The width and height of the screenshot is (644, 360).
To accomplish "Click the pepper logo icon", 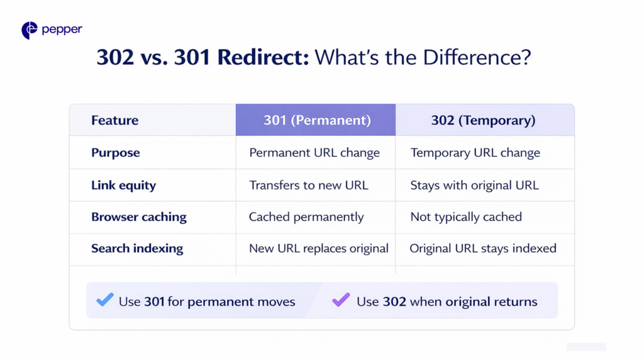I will click(29, 30).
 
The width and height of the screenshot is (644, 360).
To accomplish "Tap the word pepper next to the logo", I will click(62, 30).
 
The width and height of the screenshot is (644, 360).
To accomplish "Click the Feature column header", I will click(114, 120).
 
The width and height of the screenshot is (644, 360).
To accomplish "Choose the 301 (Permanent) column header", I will click(316, 120).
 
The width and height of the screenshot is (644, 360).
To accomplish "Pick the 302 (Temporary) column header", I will click(483, 120).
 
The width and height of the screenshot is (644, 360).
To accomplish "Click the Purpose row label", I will click(115, 153).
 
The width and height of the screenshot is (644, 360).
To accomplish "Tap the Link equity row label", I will click(123, 186).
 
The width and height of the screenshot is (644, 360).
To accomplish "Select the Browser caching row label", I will click(138, 217).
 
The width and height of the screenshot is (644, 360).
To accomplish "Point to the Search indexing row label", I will click(137, 249).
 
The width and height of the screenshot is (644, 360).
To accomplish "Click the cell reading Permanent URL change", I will click(314, 153).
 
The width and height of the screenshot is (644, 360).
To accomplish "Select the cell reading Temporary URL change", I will click(475, 153).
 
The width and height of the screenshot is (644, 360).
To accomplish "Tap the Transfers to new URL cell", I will click(309, 186).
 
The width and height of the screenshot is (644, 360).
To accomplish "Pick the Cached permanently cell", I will click(306, 217).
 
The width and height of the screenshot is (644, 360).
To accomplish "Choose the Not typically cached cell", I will click(466, 217).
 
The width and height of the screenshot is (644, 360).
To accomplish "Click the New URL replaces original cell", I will click(319, 249).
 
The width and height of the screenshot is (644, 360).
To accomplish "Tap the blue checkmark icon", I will click(105, 300).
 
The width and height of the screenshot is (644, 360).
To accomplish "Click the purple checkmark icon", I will click(341, 300).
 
